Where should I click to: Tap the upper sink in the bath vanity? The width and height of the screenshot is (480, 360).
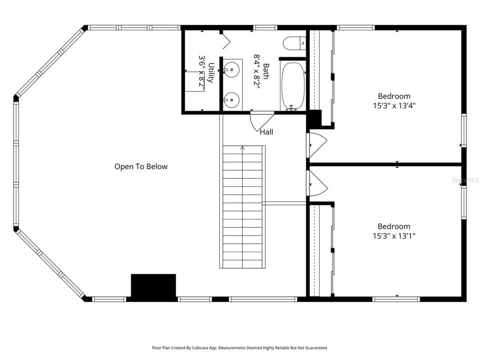coord(231,70)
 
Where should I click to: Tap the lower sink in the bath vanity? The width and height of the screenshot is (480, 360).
coord(231,99)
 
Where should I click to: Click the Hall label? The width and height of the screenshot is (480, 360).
coord(266,132)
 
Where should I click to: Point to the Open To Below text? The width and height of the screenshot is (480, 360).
coord(141,166)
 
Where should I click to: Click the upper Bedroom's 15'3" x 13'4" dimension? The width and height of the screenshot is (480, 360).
coord(394,106)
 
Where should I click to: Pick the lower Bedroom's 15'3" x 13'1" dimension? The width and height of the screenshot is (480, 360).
coord(394,236)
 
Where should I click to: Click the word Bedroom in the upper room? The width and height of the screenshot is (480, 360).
coord(394,96)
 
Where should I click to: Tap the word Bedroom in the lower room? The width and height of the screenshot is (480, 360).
coord(394,226)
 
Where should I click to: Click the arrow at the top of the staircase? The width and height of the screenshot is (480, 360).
coord(242,148)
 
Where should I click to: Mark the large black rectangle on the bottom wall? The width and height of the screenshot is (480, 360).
coord(153,286)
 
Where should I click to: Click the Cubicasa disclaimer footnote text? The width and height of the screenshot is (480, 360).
coord(240,348)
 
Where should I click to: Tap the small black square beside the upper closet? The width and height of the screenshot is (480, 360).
coord(314,118)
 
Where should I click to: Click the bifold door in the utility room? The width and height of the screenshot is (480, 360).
coord(225,42)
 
